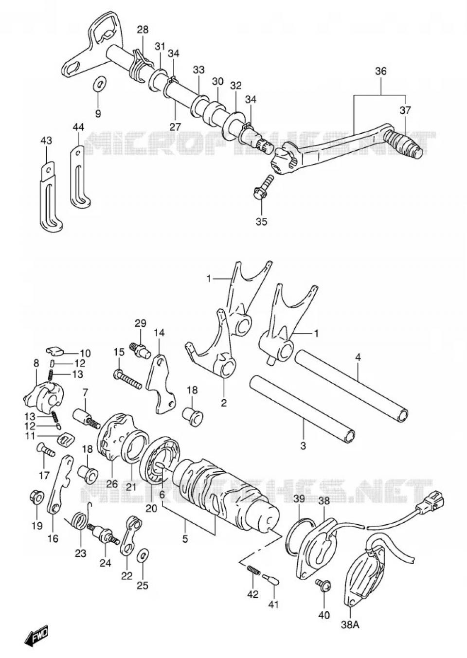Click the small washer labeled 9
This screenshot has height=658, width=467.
[x=100, y=84]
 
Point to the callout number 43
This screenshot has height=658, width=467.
[x=46, y=141]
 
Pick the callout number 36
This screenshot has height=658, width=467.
[x=380, y=71]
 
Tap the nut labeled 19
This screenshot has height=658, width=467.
[x=36, y=496]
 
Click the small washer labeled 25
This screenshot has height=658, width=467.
[x=143, y=556]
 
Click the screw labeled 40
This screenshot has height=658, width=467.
[x=323, y=584]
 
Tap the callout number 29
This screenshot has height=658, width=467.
[x=140, y=323]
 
